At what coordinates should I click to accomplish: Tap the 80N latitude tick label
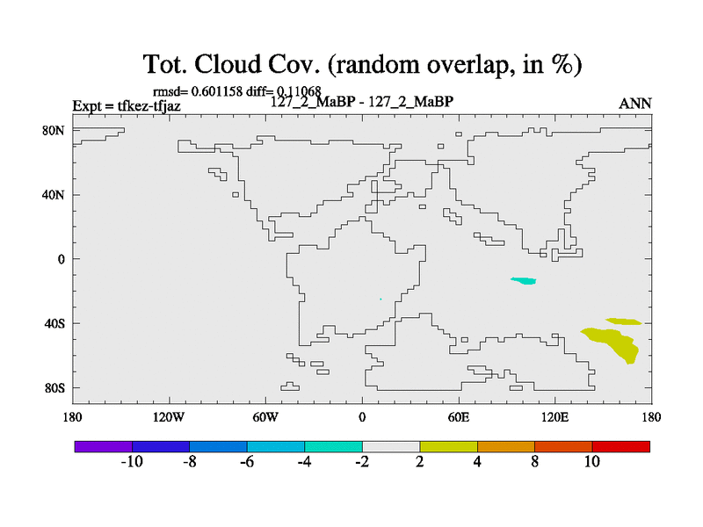point(54,131)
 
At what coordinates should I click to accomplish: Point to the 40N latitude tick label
point(54,195)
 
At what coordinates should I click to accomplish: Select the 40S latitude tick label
point(54,323)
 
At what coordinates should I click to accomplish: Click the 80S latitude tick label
point(54,388)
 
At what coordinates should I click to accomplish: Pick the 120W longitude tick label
point(169,418)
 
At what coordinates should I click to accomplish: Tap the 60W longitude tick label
point(265,418)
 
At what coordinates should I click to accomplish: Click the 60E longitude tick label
point(458,418)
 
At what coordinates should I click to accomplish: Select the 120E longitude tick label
point(554,418)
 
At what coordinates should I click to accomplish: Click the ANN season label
point(634,104)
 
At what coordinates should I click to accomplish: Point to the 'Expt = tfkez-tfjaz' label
point(127,106)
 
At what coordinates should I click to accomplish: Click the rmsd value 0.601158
point(217,91)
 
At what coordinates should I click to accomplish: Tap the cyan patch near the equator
point(524,281)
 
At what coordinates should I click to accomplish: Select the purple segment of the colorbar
point(104,447)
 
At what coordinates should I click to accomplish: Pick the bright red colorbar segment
point(621,447)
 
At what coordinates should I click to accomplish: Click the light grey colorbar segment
point(391,447)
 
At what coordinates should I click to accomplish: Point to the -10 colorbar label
point(132,462)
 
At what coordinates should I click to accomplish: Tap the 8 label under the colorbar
point(534,462)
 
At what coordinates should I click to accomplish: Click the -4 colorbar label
point(304,462)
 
